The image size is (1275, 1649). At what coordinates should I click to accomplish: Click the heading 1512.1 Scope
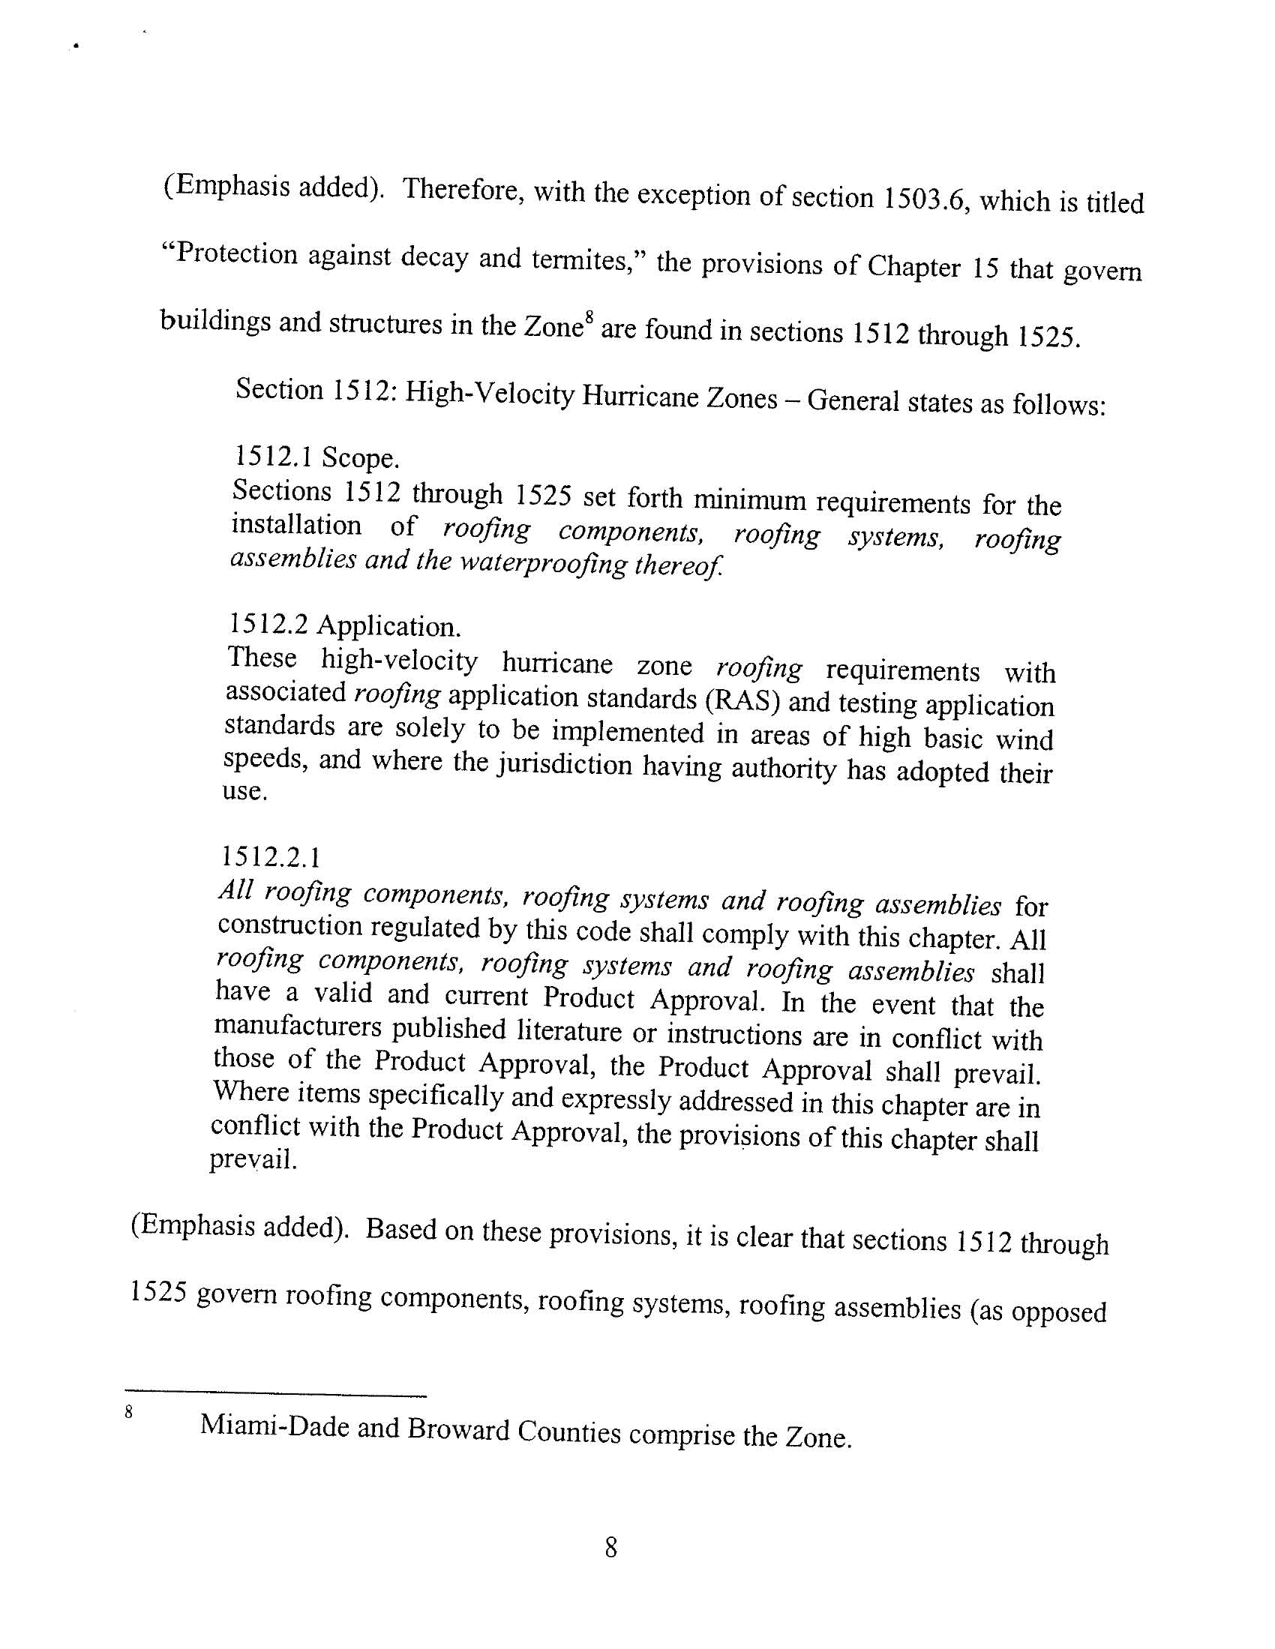point(317,457)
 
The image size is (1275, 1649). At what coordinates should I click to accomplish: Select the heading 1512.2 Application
point(343,625)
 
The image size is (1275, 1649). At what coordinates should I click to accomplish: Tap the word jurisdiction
point(565,766)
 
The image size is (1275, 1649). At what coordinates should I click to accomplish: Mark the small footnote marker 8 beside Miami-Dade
point(129,1411)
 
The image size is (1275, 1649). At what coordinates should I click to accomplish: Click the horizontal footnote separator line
point(276,1391)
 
